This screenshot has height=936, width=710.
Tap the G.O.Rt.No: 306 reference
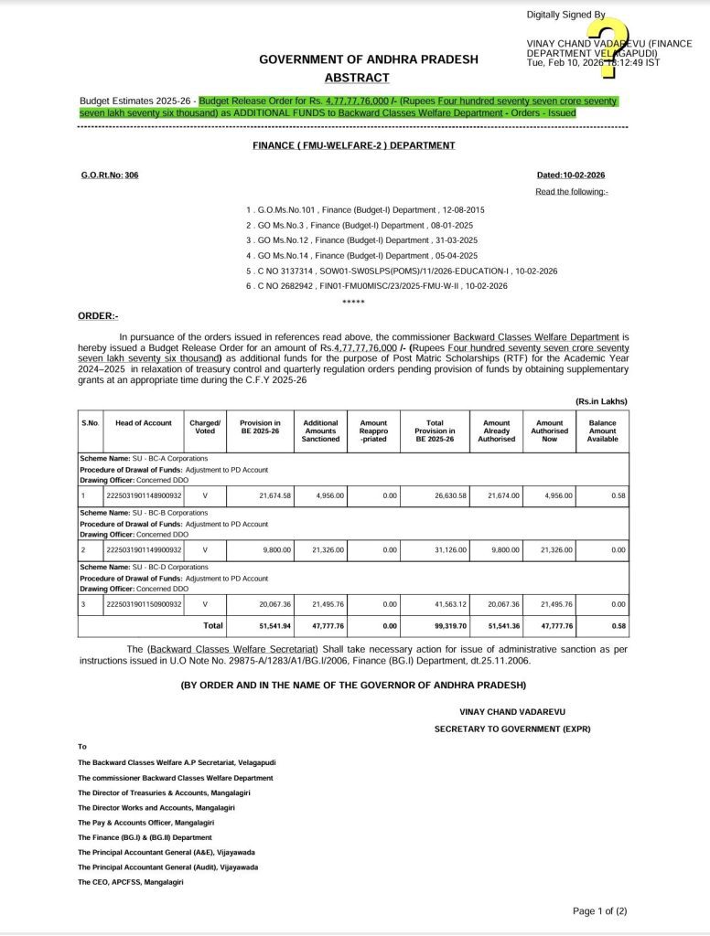(x=109, y=175)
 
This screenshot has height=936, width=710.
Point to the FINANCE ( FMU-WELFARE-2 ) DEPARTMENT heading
(x=354, y=145)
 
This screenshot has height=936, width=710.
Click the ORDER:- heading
(x=98, y=315)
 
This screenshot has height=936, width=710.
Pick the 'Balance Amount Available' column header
(x=602, y=431)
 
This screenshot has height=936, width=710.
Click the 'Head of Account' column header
(x=144, y=423)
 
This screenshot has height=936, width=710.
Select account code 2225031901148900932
(x=145, y=495)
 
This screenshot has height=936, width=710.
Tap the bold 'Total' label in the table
(x=212, y=626)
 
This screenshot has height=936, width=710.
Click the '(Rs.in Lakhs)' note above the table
(x=601, y=401)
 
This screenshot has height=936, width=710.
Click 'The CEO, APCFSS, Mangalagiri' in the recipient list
(x=131, y=882)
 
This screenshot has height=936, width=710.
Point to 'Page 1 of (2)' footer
(x=599, y=911)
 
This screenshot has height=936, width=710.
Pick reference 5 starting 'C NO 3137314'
(x=403, y=271)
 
